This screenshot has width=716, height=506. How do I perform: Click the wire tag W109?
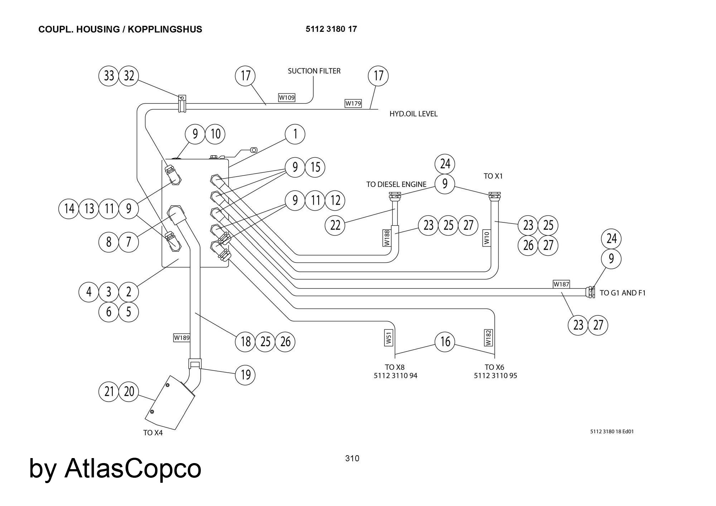[287, 97]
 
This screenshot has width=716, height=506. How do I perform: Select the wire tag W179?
[353, 103]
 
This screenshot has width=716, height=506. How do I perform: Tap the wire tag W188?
[387, 238]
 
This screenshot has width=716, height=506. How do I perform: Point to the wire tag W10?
[487, 238]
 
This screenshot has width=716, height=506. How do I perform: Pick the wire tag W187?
[561, 284]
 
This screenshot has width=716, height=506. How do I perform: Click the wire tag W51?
[389, 338]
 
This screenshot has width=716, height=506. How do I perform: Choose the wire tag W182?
[488, 338]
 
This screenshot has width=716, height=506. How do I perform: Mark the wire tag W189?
[182, 338]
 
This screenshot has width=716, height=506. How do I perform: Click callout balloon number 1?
[295, 134]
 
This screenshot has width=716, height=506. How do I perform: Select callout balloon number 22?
[335, 225]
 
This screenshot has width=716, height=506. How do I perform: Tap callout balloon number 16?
[445, 342]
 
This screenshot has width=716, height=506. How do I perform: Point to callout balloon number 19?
[246, 375]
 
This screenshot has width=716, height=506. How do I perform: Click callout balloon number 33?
[109, 76]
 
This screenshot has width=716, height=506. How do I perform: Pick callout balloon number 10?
[215, 134]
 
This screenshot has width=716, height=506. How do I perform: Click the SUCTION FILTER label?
[314, 71]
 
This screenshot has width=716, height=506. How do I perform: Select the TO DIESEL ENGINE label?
[396, 184]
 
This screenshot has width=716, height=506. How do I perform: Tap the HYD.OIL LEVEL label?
[413, 114]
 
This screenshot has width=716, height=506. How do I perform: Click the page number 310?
[352, 458]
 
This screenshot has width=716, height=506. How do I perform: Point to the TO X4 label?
[153, 433]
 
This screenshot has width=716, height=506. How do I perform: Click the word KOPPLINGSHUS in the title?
[165, 29]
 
